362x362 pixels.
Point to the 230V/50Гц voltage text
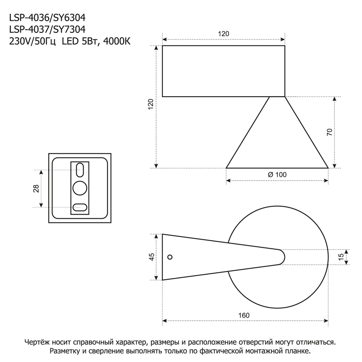pyautogui.click(x=32, y=41)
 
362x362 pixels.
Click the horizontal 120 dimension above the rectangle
pyautogui.click(x=223, y=34)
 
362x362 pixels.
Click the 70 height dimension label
pyautogui.click(x=329, y=132)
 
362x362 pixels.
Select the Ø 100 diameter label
pyautogui.click(x=277, y=175)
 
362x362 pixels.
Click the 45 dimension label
pyautogui.click(x=152, y=257)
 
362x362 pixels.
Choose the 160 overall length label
pyautogui.click(x=244, y=315)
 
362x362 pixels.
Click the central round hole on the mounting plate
pyautogui.click(x=80, y=188)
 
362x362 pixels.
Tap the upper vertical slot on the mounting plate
pyautogui.click(x=80, y=170)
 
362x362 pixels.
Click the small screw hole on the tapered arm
pyautogui.click(x=170, y=257)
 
